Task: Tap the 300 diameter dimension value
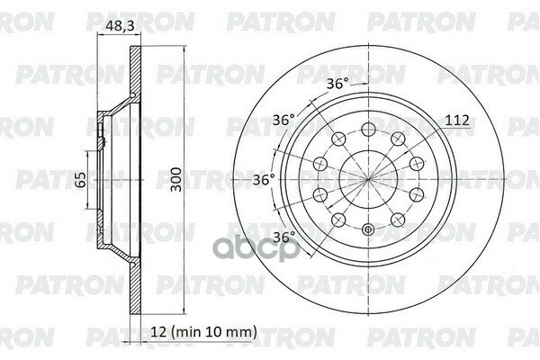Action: (x=183, y=179)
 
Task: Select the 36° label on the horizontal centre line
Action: (x=263, y=179)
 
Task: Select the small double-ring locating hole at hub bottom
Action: (x=368, y=232)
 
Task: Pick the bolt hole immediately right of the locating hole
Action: (x=399, y=219)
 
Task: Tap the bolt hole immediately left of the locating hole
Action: (x=337, y=219)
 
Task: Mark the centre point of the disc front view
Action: (x=368, y=178)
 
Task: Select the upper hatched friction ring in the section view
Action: (x=135, y=76)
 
